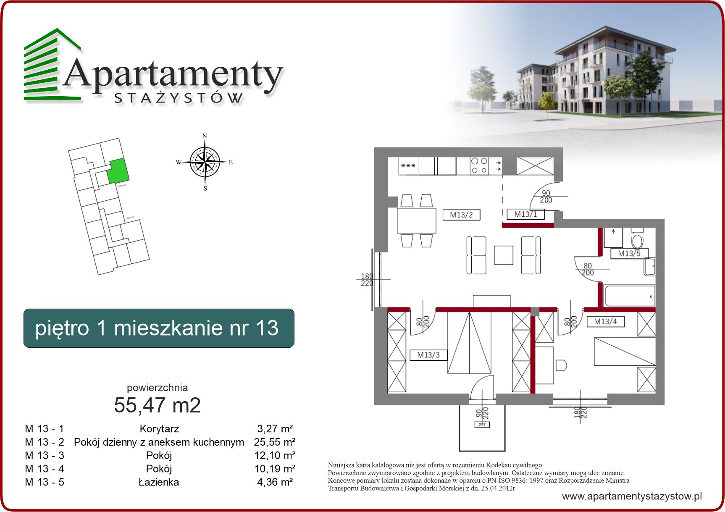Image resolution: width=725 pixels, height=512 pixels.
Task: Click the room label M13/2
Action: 461,215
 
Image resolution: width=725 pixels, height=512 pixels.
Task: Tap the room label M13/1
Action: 525,214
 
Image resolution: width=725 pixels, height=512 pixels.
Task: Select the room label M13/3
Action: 428,355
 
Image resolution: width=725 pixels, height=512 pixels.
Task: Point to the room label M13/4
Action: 605,322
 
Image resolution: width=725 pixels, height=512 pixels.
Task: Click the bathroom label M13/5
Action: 629,253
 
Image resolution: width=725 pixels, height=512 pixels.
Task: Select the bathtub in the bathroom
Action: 629,296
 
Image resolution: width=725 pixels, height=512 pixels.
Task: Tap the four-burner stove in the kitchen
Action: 479,165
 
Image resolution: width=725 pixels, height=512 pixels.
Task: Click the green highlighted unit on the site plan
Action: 117,171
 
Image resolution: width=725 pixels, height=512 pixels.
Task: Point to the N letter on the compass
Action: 205,136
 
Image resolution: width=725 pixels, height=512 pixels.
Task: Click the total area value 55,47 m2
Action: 158,405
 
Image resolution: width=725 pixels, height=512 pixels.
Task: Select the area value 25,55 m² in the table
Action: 275,442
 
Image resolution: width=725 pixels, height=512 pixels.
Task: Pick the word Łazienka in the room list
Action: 159,482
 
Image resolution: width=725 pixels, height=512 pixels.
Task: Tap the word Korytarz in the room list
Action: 159,429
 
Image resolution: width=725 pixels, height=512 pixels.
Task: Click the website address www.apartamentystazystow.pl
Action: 632,496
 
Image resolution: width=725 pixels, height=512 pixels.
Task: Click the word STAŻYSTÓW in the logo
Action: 179,98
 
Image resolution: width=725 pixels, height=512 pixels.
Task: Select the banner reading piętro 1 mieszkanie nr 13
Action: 159,328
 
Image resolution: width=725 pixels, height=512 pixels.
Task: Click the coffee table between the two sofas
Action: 504,255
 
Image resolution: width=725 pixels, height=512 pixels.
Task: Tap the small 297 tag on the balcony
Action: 482,425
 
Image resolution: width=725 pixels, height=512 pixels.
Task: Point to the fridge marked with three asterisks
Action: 408,166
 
